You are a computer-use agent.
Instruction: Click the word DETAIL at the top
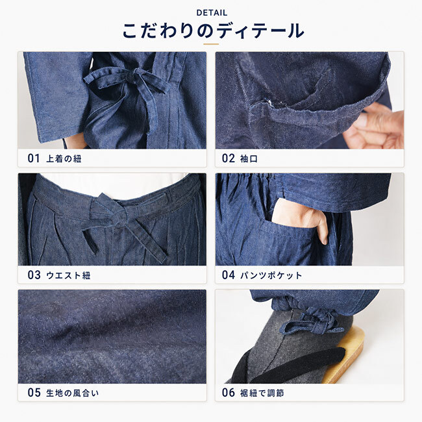212,12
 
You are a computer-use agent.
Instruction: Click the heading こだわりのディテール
213,31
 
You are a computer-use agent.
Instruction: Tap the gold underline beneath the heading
211,44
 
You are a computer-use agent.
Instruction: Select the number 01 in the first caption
34,158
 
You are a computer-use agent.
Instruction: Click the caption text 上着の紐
64,159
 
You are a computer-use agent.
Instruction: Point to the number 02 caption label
229,158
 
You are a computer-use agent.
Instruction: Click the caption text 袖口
249,159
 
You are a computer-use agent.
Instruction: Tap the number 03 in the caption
34,275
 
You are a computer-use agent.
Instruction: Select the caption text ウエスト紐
68,275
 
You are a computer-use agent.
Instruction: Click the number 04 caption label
229,275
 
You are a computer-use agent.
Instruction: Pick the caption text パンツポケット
271,275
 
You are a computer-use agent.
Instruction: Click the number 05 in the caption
34,392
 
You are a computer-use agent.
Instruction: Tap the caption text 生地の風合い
73,393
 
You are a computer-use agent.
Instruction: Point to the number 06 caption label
229,392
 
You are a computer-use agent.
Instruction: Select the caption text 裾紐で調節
262,393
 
